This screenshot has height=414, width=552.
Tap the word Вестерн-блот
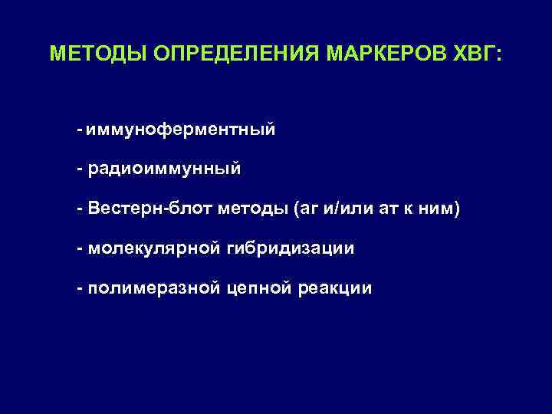pos(150,209)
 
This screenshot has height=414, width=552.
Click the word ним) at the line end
pos(444,209)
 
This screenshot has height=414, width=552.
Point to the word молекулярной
pos(153,248)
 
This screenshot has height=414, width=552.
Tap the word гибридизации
pos(291,248)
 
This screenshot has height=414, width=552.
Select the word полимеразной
pos(153,288)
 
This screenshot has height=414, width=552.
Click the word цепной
pos(257,288)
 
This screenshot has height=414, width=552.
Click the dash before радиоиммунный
pos(80,169)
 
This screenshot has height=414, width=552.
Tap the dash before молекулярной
pos(80,248)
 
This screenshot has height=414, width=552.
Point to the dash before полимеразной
pos(80,288)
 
